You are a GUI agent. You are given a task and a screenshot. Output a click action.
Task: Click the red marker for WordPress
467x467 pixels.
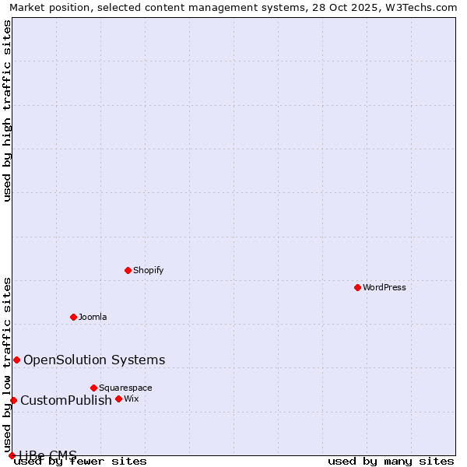(357, 287)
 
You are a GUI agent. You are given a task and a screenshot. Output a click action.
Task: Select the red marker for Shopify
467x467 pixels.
(128, 270)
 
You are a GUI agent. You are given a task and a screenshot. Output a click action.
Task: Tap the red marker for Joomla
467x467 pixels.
(73, 317)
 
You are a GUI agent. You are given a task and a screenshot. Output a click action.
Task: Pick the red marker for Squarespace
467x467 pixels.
(93, 388)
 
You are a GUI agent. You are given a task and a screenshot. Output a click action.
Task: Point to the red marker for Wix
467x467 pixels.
(118, 399)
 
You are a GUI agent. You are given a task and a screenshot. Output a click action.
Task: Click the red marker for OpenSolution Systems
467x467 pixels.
(16, 360)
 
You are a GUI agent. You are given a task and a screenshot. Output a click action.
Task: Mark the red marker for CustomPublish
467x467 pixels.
(13, 400)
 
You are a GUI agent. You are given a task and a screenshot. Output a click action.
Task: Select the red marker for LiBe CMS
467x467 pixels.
(12, 455)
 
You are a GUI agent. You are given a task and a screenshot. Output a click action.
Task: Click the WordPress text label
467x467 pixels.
(384, 287)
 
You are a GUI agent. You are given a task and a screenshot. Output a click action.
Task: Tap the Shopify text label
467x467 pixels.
(148, 270)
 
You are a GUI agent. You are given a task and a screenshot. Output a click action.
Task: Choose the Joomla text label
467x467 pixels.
(93, 317)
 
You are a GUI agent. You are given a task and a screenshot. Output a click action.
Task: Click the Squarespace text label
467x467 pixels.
(125, 388)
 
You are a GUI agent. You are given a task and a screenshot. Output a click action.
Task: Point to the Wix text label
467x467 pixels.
(131, 399)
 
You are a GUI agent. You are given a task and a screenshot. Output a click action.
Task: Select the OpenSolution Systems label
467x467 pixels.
(94, 360)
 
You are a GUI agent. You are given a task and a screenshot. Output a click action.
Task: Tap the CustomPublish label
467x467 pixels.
(66, 400)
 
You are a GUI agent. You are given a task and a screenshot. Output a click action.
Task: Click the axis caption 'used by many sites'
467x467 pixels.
(391, 461)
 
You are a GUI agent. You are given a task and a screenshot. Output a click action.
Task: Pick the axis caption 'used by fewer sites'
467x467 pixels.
(80, 461)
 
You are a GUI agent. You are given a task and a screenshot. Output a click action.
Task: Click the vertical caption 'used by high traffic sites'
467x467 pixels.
(8, 111)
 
